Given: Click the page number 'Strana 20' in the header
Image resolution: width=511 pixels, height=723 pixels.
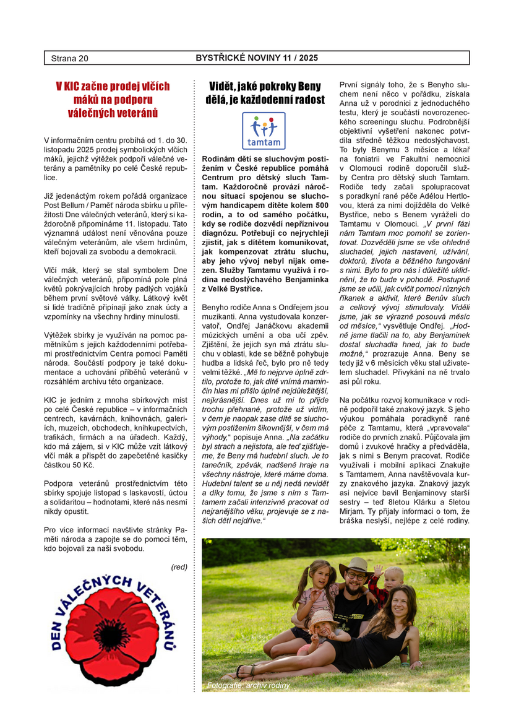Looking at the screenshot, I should click(x=70, y=58).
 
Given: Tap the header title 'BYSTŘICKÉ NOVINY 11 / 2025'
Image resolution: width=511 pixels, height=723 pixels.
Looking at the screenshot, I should click(x=257, y=58).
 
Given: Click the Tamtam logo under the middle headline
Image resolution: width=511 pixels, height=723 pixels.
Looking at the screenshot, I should click(x=264, y=131).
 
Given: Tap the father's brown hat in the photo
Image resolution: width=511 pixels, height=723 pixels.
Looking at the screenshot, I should click(x=356, y=566).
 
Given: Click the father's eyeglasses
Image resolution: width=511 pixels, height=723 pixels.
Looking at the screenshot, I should click(x=356, y=576).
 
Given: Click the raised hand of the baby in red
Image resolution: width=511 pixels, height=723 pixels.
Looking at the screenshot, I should click(x=377, y=568).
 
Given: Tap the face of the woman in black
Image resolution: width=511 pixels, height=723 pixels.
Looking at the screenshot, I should click(x=404, y=601).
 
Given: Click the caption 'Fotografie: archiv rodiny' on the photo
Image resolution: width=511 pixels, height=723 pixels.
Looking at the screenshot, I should click(x=248, y=685).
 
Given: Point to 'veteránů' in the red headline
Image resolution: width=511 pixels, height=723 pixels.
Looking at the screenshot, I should click(x=135, y=113).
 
